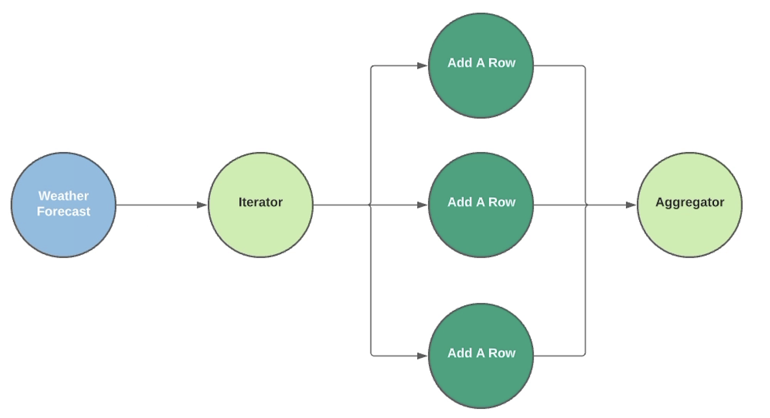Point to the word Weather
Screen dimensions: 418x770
tap(63, 196)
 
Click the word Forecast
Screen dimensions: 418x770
tap(63, 212)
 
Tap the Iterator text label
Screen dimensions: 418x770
tap(260, 202)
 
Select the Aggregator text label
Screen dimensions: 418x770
tap(690, 202)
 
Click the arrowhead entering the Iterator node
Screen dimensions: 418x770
tap(202, 205)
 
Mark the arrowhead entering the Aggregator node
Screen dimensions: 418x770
tap(631, 205)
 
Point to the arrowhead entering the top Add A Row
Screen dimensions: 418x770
tap(423, 66)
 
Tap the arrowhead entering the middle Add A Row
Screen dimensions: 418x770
tap(423, 205)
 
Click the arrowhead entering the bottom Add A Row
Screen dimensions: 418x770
tap(423, 356)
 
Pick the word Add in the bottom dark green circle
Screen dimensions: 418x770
tap(458, 353)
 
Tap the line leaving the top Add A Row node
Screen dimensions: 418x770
tap(559, 66)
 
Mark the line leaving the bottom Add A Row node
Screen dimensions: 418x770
tap(559, 356)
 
